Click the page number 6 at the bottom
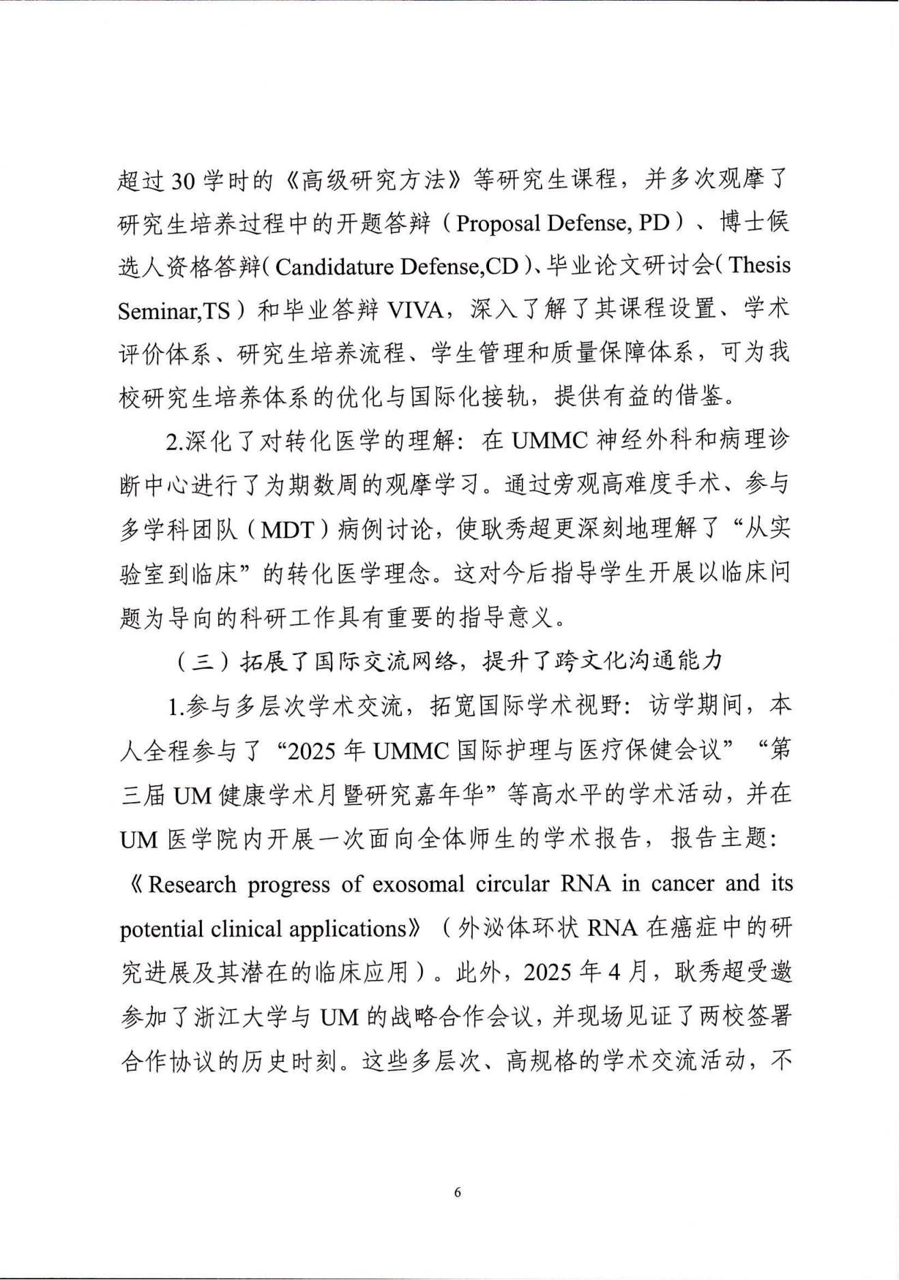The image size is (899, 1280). [x=457, y=1192]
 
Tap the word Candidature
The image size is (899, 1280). [x=335, y=266]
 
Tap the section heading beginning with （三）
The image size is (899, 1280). [x=447, y=661]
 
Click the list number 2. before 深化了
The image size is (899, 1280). [x=173, y=442]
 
